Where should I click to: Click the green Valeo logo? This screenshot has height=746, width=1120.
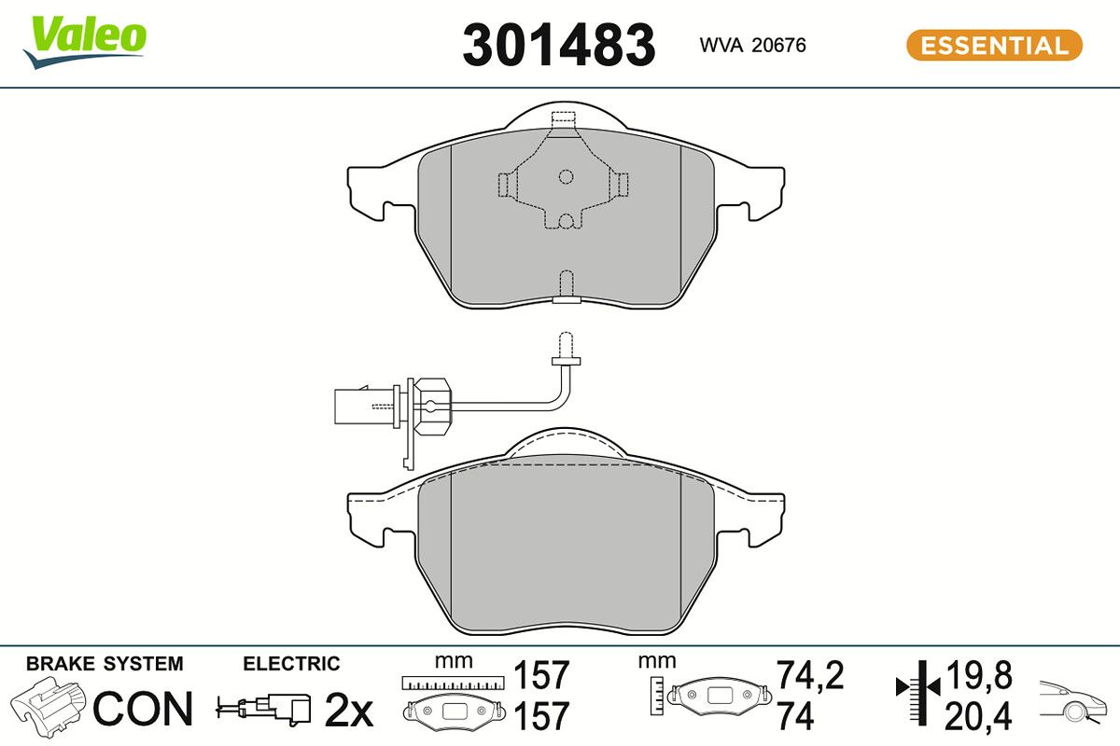coord(85,42)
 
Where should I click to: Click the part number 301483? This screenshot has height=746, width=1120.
coord(558,46)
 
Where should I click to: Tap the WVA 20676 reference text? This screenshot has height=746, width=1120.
coord(752,46)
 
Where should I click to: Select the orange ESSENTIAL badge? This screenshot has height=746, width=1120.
coord(994,46)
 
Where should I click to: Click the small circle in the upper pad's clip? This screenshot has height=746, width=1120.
coord(566,176)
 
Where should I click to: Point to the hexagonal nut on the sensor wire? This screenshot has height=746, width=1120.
coord(434,406)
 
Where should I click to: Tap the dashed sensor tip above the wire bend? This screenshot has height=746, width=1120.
coord(566,345)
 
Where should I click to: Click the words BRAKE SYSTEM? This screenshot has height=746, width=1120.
coord(105,664)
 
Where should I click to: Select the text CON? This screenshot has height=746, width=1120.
coord(143,709)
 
